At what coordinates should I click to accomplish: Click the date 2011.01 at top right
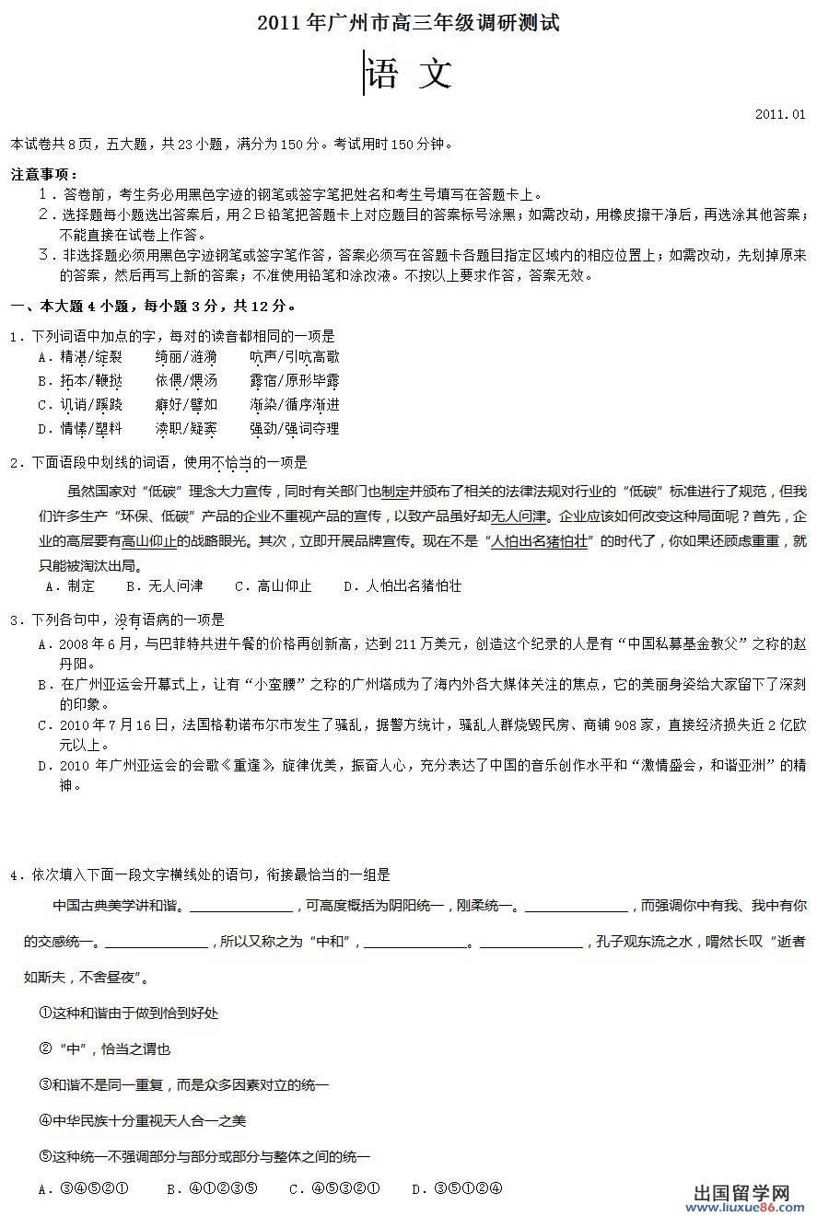point(779,114)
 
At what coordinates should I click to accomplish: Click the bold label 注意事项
point(43,174)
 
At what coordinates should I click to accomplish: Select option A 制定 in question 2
point(71,585)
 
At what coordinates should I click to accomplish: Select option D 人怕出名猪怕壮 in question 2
point(403,585)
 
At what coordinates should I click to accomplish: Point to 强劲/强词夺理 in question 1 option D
point(294,429)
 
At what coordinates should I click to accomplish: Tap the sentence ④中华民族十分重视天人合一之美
point(143,1120)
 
